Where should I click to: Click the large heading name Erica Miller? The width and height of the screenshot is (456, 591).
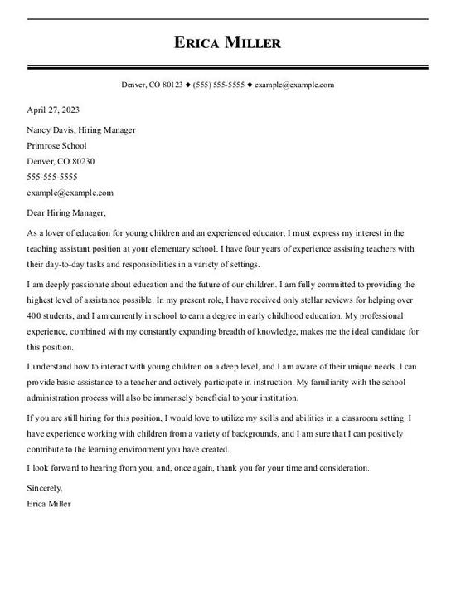(x=227, y=42)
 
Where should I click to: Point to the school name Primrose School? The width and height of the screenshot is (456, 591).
(x=56, y=146)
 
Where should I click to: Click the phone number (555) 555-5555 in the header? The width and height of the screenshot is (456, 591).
(x=219, y=85)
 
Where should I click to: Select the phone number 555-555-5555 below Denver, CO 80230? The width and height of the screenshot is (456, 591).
(x=52, y=177)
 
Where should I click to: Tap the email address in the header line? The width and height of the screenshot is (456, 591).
(x=294, y=85)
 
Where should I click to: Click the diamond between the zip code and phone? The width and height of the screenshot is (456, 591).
(x=187, y=85)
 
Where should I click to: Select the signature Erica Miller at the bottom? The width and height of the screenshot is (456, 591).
(x=49, y=503)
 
